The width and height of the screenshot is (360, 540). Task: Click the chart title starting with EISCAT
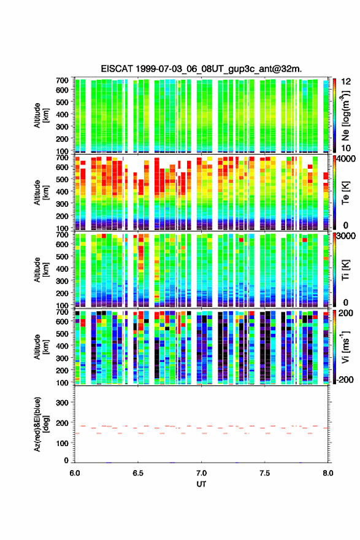pos(201,69)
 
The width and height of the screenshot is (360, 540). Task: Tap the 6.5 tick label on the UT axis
pos(138,473)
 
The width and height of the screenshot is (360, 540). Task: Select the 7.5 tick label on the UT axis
pos(265,473)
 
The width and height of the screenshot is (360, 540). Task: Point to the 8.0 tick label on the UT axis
pos(328,473)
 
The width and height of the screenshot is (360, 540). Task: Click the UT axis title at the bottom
pos(201,484)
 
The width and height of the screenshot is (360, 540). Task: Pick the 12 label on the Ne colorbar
pos(346,82)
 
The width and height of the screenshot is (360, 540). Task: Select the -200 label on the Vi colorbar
pos(344,379)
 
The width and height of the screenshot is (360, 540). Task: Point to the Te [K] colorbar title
pos(345,193)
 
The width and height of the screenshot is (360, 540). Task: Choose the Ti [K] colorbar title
pos(345,270)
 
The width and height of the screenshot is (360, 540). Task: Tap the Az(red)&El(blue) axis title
pos(40,424)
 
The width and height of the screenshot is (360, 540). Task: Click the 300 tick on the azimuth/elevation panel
pos(63,403)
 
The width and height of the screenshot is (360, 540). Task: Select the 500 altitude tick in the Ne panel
pos(63,102)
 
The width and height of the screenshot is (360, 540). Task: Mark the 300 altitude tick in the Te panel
pos(63,204)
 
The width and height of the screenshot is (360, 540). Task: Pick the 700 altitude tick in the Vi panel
pos(63,312)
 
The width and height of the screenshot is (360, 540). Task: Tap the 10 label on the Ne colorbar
pos(346,148)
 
